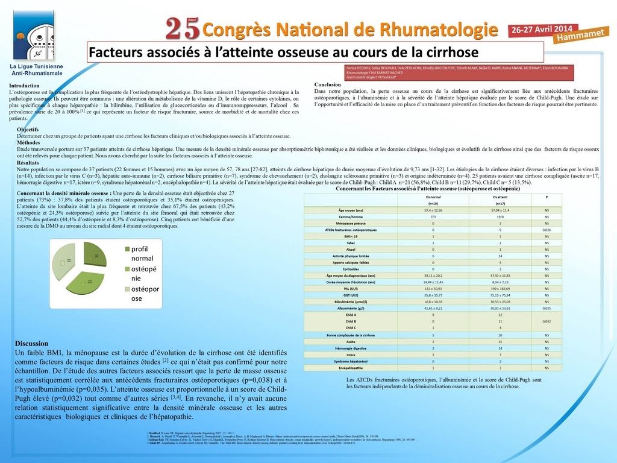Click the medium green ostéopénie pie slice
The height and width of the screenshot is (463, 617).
pyautogui.click(x=87, y=285)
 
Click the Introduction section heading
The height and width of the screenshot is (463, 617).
pyautogui.click(x=25, y=86)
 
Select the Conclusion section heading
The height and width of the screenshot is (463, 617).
pyautogui.click(x=328, y=84)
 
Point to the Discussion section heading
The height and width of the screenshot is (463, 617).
pyautogui.click(x=32, y=342)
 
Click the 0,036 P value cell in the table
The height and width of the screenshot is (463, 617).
pyautogui.click(x=547, y=230)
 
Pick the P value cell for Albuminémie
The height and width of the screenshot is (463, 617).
pyautogui.click(x=547, y=307)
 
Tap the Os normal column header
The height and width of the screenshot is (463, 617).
pyautogui.click(x=433, y=197)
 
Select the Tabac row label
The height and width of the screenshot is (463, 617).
pyautogui.click(x=351, y=242)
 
